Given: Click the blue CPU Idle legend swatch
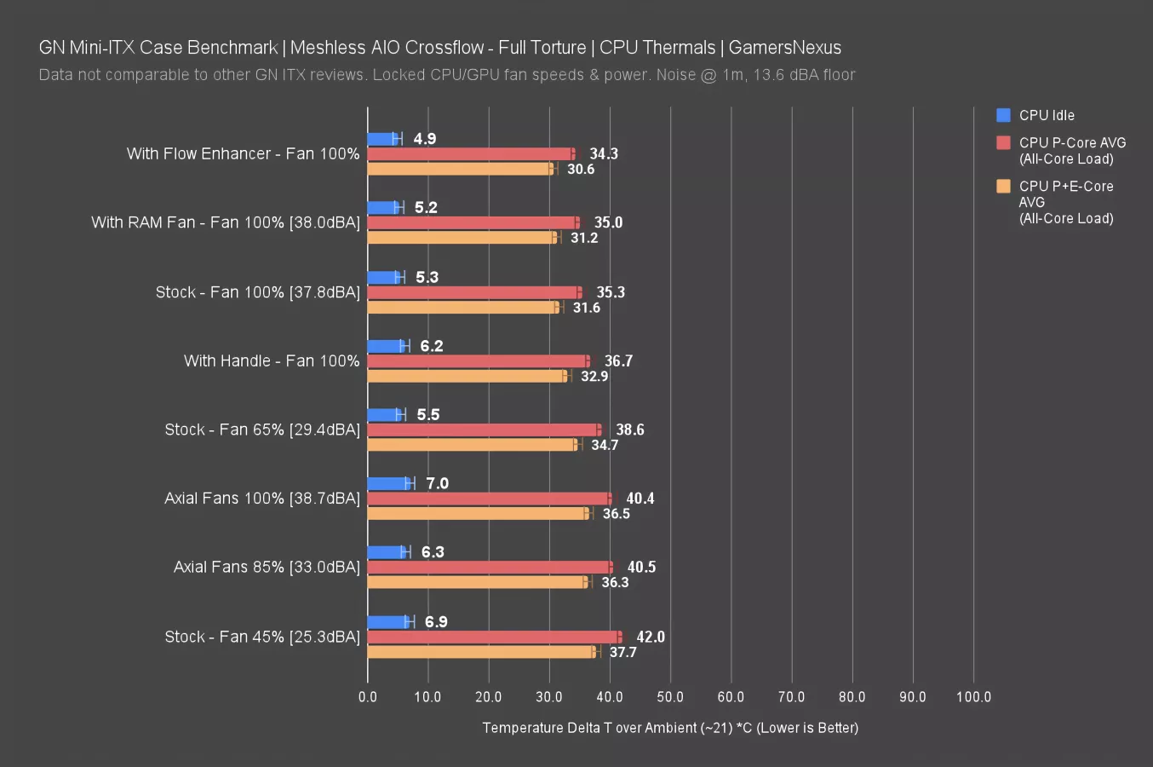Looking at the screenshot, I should click(x=1003, y=115).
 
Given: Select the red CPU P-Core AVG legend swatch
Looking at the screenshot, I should click(x=1003, y=142).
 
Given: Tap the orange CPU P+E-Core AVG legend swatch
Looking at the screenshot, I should click(x=1003, y=186).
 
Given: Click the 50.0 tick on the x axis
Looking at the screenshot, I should click(x=670, y=697).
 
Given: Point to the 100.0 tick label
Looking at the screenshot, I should click(x=973, y=697).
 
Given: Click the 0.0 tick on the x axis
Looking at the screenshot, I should click(x=368, y=697).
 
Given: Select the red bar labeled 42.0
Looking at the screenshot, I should click(x=494, y=637).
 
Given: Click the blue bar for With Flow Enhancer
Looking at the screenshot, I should click(x=382, y=139).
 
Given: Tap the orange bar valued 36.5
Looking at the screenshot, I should click(x=478, y=513).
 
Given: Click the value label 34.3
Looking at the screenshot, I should click(x=604, y=154).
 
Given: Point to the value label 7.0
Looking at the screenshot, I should click(x=437, y=483).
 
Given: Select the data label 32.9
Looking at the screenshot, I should click(x=594, y=376).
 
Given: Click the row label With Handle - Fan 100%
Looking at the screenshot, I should click(x=272, y=361).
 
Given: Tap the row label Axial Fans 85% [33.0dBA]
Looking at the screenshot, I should click(x=267, y=568).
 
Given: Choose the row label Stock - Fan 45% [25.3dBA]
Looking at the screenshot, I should click(x=262, y=637).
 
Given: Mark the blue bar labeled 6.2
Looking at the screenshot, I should click(x=387, y=346).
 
